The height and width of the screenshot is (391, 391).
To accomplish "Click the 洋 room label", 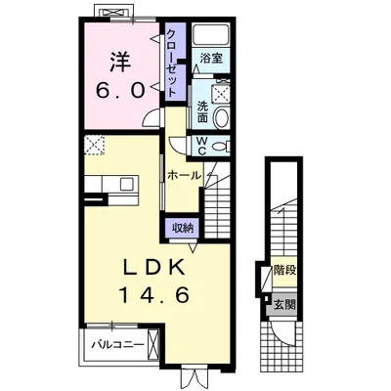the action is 121,62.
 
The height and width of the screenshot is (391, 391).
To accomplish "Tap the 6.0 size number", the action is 120,90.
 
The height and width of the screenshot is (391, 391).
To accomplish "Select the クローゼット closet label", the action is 172,63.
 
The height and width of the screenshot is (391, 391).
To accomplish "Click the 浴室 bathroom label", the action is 211,59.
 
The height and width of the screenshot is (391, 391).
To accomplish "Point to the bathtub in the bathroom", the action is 211,34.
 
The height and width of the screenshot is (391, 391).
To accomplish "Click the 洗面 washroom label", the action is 202,112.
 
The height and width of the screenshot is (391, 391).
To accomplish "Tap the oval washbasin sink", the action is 222,118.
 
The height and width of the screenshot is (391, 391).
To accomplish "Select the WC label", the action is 202,146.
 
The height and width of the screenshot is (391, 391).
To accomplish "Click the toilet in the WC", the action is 222,146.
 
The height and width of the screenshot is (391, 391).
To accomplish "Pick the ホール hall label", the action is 185,176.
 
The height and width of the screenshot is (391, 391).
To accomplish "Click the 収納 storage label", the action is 183,228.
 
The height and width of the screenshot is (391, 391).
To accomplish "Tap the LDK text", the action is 154,268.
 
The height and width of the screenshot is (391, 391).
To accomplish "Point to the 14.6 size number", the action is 155,295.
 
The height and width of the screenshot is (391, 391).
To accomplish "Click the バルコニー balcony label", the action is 117,344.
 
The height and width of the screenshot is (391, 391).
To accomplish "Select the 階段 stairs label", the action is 284,270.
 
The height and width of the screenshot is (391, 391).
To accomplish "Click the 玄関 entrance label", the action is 284,305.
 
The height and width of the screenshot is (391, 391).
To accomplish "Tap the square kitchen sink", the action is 126,184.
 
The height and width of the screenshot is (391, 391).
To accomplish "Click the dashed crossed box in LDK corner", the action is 94,146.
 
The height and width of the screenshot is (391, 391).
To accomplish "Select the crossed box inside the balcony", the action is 152,344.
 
